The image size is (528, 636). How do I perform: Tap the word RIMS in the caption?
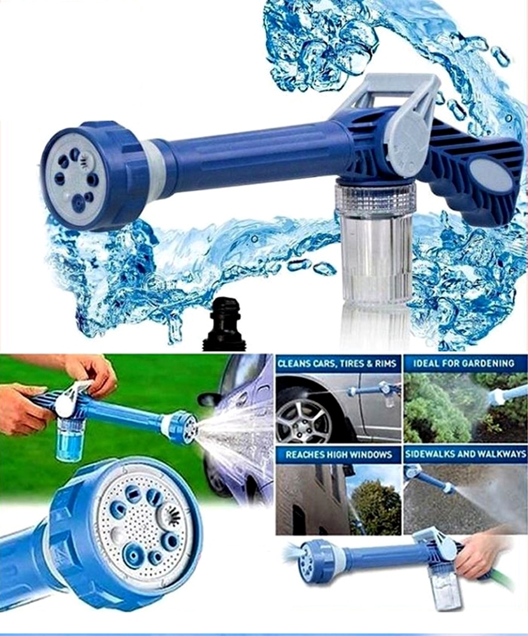(386, 363)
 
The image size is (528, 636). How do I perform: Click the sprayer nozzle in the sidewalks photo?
(449, 488)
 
